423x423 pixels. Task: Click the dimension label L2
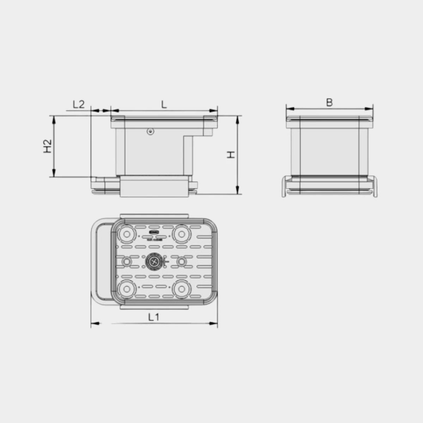pyautogui.click(x=79, y=104)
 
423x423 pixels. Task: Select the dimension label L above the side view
pyautogui.click(x=164, y=104)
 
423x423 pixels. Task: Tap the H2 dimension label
pyautogui.click(x=48, y=146)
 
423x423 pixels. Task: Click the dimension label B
pyautogui.click(x=329, y=103)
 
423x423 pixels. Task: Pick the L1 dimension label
pyautogui.click(x=154, y=317)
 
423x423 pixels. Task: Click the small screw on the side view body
pyautogui.click(x=151, y=131)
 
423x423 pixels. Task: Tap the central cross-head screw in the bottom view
pyautogui.click(x=154, y=262)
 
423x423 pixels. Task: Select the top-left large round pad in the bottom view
pyautogui.click(x=126, y=234)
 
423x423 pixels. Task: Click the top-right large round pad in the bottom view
pyautogui.click(x=182, y=234)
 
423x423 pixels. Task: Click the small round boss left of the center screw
pyautogui.click(x=127, y=262)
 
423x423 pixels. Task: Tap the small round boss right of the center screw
pyautogui.click(x=182, y=262)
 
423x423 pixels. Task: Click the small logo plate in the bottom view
pyautogui.click(x=154, y=233)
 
